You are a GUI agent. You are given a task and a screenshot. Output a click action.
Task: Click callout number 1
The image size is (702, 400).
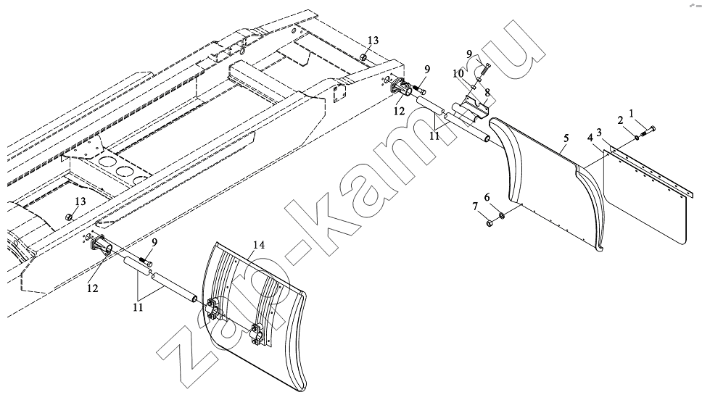(631, 114)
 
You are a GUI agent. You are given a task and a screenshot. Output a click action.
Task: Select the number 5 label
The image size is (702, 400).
(566, 138)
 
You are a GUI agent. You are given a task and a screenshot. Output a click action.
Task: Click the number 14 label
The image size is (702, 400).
(259, 245)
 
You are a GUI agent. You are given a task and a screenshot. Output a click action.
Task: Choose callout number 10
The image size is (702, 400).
(458, 73)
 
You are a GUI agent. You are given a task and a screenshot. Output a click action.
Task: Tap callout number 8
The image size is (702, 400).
(487, 92)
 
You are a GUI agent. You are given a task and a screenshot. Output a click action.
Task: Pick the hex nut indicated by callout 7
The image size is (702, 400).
(489, 222)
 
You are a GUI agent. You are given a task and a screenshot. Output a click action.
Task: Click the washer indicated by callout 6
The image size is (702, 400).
(501, 216)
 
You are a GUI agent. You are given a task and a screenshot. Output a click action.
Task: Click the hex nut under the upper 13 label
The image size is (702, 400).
(364, 59)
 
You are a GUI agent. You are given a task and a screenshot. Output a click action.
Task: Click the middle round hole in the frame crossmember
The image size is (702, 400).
(124, 170)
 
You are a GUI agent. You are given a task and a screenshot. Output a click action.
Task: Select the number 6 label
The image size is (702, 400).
(487, 197)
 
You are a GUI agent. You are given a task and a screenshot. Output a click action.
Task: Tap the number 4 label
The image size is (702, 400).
(590, 138)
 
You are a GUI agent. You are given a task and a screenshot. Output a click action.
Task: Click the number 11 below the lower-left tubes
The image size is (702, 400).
(138, 307)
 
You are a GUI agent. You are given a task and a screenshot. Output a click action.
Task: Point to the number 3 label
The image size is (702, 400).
(600, 132)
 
